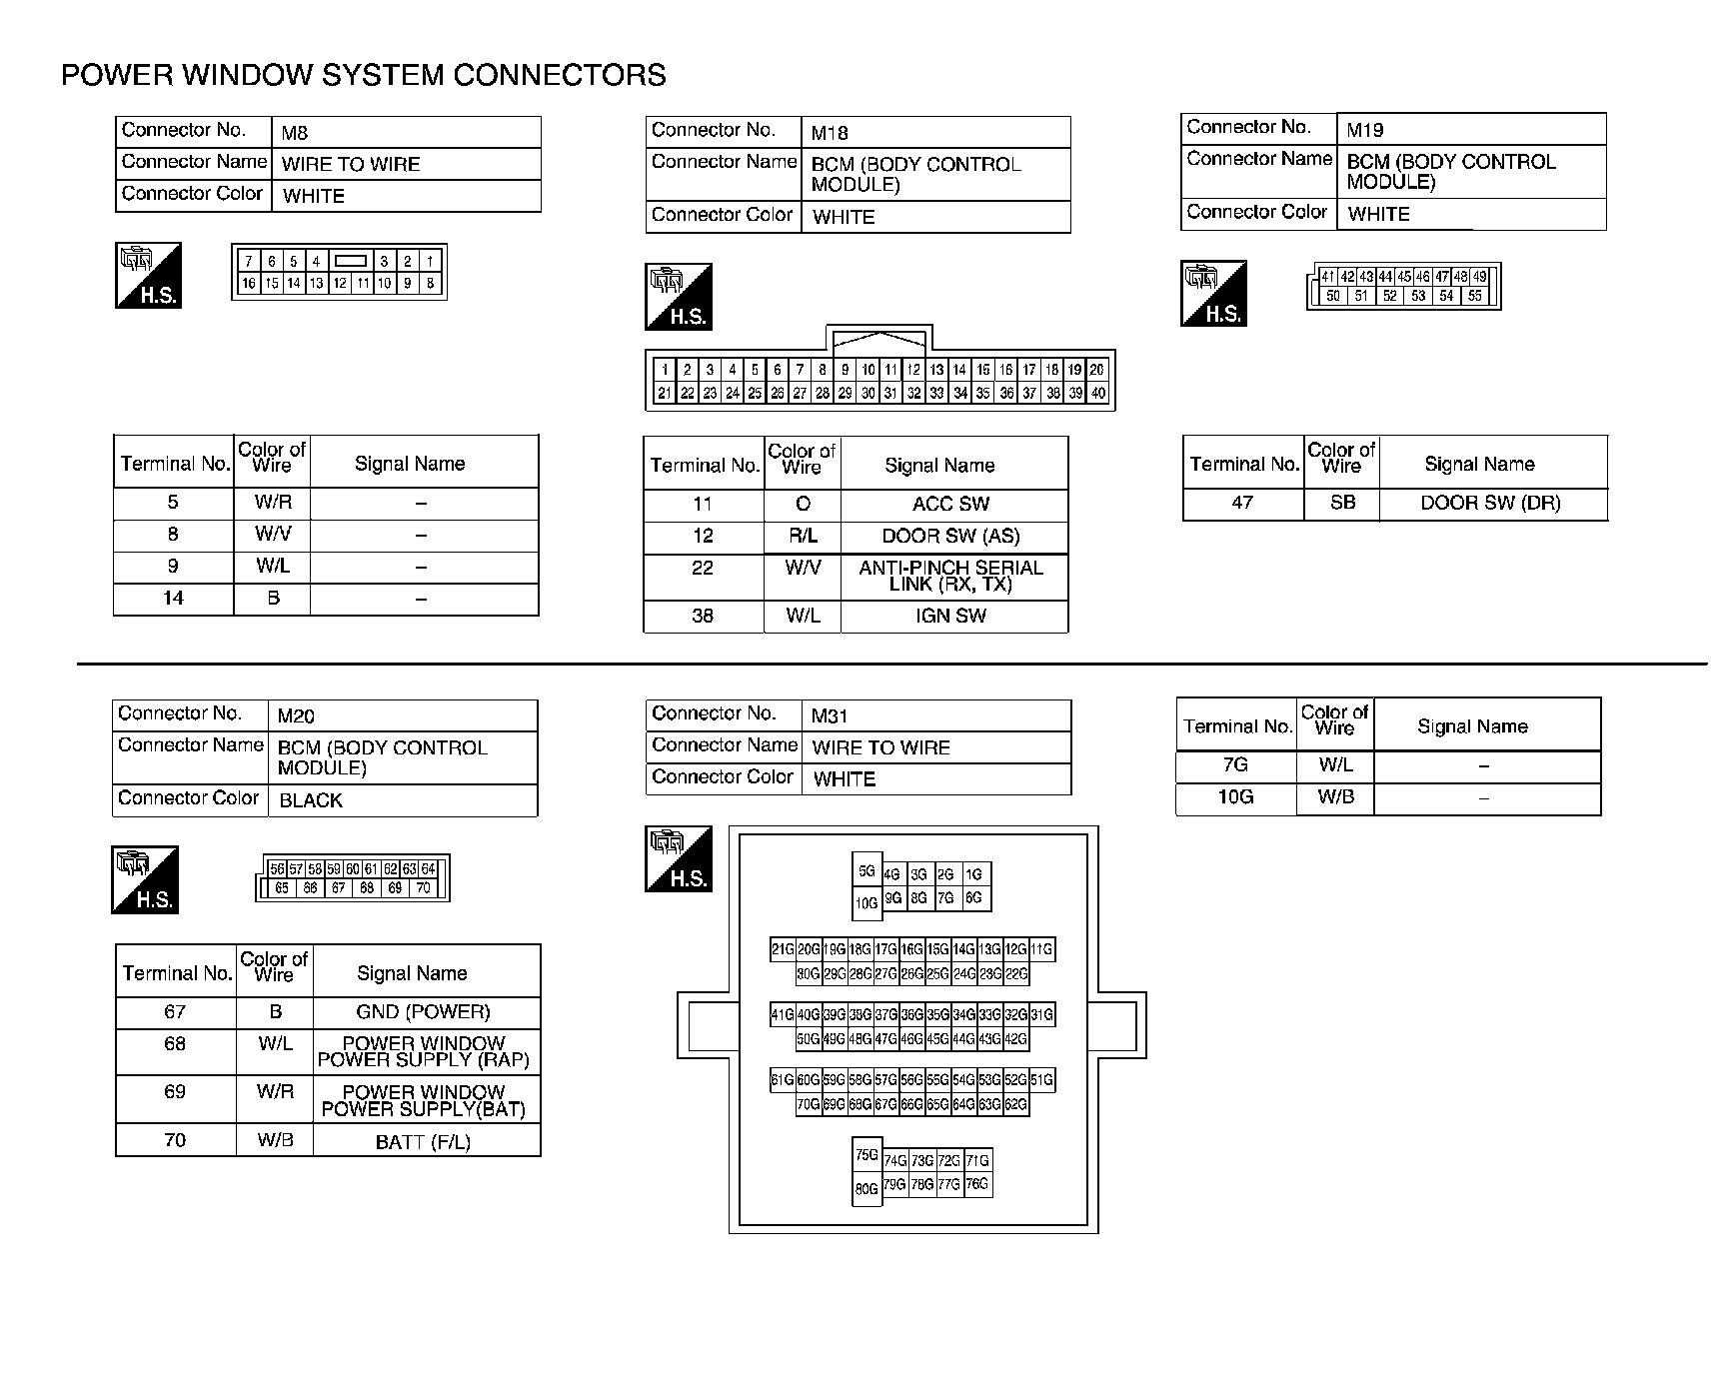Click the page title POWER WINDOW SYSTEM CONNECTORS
[364, 76]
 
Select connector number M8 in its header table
[295, 132]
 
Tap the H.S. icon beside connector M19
[1213, 294]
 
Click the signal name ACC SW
[949, 505]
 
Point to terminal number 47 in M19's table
[1242, 504]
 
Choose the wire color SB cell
[1342, 504]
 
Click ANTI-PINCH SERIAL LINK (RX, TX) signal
[950, 576]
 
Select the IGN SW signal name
[950, 617]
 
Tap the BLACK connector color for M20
[311, 800]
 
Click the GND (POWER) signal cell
[424, 1012]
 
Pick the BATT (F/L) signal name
[423, 1141]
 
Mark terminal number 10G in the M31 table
[1235, 797]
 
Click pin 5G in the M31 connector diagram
[866, 871]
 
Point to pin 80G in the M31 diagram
[866, 1189]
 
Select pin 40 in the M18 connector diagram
[1097, 394]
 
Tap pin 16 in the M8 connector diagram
[249, 284]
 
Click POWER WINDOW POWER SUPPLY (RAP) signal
[423, 1052]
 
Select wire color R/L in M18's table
[803, 537]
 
